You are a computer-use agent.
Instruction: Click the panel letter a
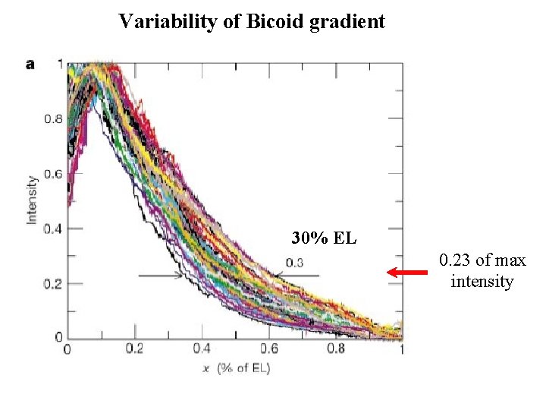pyautogui.click(x=30, y=65)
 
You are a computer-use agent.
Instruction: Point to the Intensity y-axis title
pyautogui.click(x=32, y=200)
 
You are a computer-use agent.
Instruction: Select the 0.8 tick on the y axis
pyautogui.click(x=52, y=118)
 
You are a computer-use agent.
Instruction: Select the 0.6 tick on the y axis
pyautogui.click(x=52, y=174)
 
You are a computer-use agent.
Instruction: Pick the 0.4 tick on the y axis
pyautogui.click(x=52, y=229)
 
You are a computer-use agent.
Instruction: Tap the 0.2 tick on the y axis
pyautogui.click(x=52, y=284)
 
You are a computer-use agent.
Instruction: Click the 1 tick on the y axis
pyautogui.click(x=59, y=64)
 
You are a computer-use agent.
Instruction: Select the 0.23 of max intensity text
pyautogui.click(x=482, y=272)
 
